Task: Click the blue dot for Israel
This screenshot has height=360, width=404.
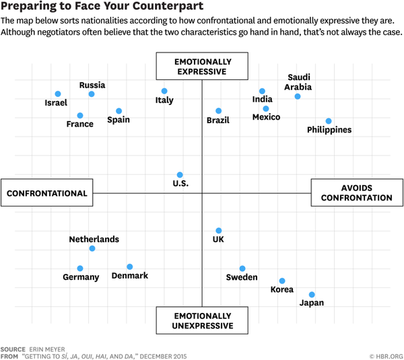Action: (x=58, y=94)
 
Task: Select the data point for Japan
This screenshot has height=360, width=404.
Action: (x=312, y=295)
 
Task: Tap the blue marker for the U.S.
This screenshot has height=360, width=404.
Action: (x=180, y=175)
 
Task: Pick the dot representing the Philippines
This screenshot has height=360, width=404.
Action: (x=329, y=121)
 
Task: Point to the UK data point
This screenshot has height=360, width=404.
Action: (x=218, y=231)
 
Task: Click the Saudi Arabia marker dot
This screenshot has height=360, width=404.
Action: (x=298, y=97)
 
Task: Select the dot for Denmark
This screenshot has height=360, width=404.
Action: (x=130, y=267)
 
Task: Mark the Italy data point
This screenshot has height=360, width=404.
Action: (x=164, y=91)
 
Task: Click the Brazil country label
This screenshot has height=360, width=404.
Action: (x=218, y=120)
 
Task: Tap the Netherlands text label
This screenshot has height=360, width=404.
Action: (x=94, y=239)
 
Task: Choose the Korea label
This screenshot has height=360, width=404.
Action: (x=281, y=289)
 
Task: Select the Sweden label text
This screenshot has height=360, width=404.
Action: (x=241, y=277)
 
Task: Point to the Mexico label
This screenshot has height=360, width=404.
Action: (x=266, y=117)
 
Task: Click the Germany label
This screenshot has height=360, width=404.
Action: (x=81, y=277)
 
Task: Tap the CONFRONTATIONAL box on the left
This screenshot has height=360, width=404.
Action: (x=47, y=193)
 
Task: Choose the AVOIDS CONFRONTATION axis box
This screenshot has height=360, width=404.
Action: (x=356, y=193)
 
